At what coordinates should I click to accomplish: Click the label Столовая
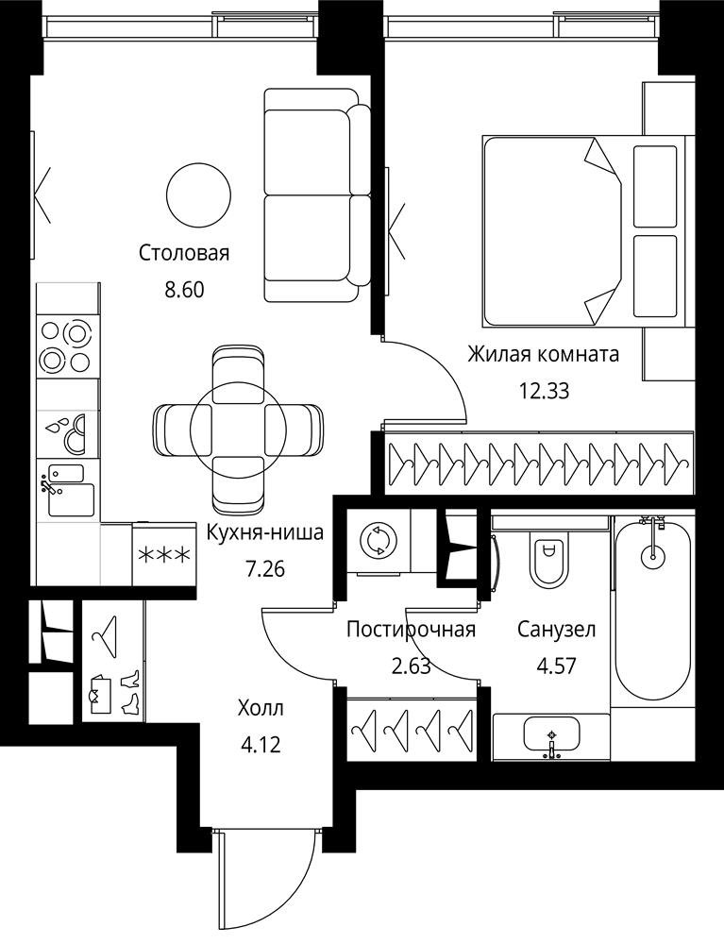point(184,253)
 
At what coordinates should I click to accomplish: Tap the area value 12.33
point(544,392)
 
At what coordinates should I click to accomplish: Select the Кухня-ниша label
point(265,531)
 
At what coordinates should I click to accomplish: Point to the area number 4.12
point(261,746)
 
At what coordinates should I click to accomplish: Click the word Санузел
point(557,630)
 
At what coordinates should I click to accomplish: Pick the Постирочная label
point(412,630)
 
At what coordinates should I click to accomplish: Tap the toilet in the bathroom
point(548,558)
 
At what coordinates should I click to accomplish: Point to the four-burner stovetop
point(66,347)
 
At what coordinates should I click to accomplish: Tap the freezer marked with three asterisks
point(164,554)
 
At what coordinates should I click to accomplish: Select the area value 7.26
point(265,568)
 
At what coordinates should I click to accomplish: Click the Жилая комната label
point(544,354)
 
